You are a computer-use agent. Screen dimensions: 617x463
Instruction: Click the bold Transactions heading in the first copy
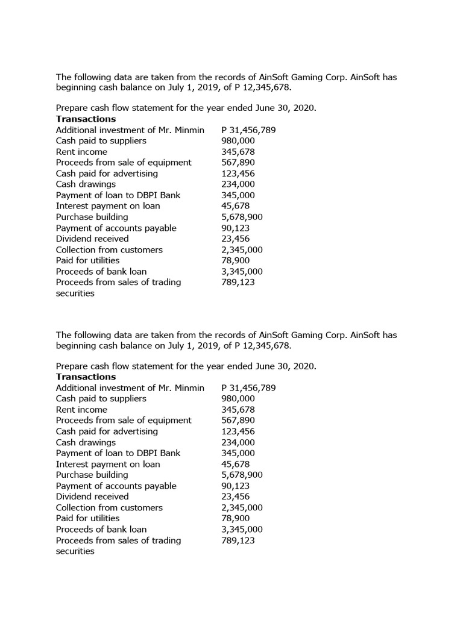coord(86,119)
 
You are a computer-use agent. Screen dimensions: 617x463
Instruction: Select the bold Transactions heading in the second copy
coord(86,377)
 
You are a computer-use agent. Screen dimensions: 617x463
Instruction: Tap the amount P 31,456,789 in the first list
coord(248,130)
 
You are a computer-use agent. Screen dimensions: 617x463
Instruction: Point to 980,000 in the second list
coord(238,398)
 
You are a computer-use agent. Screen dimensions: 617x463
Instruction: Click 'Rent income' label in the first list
coord(81,152)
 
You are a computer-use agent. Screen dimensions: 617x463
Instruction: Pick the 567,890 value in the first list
coord(238,162)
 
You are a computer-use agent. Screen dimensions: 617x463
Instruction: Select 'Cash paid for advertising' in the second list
coord(107,431)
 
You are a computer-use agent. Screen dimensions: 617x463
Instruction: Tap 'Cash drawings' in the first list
coord(86,184)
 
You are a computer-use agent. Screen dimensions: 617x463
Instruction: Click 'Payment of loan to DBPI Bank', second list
coord(118,453)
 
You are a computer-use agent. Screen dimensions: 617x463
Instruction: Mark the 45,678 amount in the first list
coord(235,206)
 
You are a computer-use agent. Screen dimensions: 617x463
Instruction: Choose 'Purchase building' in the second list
coord(92,475)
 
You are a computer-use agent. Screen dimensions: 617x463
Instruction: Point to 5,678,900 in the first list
coord(242,217)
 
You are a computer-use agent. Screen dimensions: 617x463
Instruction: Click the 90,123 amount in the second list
coord(235,486)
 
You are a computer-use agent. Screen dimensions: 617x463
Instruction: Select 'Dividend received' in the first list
coord(92,239)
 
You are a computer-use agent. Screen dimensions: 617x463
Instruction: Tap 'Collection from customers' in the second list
coord(109,507)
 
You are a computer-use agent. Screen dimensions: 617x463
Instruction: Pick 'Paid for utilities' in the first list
coord(87,260)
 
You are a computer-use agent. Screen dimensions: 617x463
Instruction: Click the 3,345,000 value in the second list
coord(242,529)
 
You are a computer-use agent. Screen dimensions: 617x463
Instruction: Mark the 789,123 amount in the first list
coord(238,282)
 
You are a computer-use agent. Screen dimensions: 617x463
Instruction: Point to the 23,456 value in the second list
coord(235,496)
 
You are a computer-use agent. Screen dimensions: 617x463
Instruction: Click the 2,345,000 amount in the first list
coord(242,249)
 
